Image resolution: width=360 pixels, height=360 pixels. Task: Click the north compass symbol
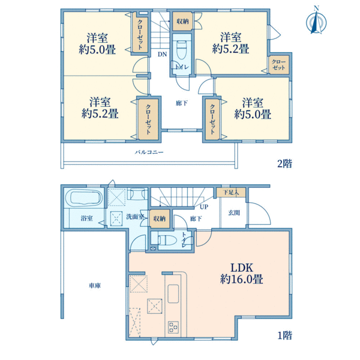pos(316,21)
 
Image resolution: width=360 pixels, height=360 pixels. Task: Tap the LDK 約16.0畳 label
pos(242,274)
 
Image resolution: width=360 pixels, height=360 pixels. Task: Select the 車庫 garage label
pos(95,286)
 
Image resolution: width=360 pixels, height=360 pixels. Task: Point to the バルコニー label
pos(149,152)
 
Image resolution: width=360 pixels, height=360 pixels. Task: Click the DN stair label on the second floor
pos(163,55)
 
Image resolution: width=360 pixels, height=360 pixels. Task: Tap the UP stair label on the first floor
pos(204,207)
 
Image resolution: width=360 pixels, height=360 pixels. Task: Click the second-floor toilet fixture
pos(181,50)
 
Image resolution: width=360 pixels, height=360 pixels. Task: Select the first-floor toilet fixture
pos(167,240)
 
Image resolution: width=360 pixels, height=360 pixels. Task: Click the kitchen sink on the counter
pos(173,294)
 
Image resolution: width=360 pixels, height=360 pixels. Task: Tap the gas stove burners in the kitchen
pos(173,327)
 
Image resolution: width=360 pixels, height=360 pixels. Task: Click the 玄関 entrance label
pos(234,213)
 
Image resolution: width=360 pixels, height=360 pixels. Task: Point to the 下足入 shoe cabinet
pos(231,193)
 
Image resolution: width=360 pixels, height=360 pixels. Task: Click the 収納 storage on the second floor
pos(182,22)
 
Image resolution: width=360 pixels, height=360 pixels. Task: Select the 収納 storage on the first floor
pos(160,218)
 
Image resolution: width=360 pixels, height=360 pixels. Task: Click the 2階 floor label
pos(284,164)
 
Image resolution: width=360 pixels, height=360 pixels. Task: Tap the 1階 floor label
pos(285,335)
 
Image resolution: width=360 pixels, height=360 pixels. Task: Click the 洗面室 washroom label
pos(135,217)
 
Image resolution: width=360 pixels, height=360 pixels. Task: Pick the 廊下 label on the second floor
pos(182,103)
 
